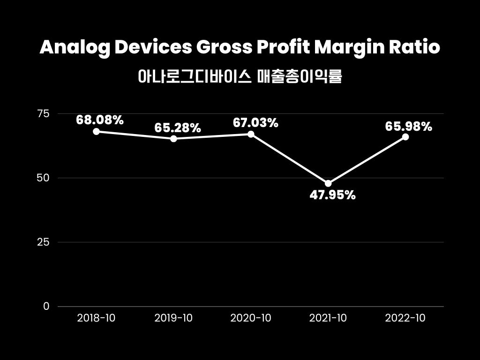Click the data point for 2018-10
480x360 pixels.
[96, 132]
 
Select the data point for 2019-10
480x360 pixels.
[173, 139]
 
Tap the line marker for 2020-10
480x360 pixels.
[251, 134]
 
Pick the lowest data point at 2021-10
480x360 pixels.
[328, 183]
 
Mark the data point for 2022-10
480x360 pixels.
[405, 137]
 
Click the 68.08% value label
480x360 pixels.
[100, 120]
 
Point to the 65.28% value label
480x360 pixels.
[178, 127]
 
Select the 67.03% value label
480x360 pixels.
[255, 123]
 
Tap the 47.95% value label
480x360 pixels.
[332, 195]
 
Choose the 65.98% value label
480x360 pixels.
[409, 126]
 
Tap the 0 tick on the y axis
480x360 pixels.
[46, 307]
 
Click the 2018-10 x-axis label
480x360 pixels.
[96, 318]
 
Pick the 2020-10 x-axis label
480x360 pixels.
[251, 318]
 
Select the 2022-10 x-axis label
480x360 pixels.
[405, 318]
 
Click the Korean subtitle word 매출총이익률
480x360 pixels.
[300, 76]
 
